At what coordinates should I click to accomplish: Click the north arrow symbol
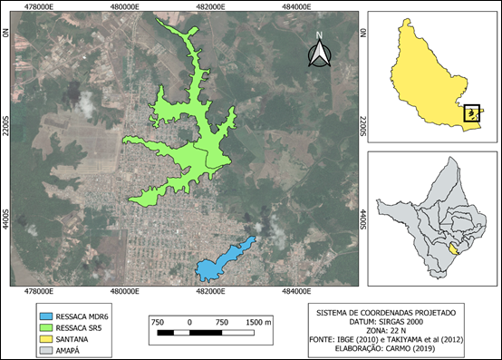click(x=318, y=55)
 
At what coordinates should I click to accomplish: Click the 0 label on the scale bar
click(x=189, y=323)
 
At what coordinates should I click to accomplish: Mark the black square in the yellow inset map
click(x=471, y=112)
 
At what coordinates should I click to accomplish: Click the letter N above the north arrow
click(x=319, y=37)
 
